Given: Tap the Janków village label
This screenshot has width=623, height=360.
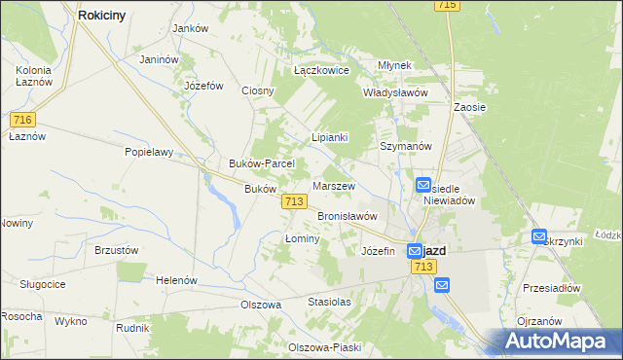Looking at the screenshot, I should (191, 28).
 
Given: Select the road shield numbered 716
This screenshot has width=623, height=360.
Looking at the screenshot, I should (24, 119).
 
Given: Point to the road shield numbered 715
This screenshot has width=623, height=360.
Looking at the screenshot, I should (448, 6).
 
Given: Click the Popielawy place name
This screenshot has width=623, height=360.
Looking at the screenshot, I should (148, 152).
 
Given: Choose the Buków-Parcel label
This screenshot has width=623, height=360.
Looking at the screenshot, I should (255, 163).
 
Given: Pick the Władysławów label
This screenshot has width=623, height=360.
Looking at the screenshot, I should (396, 92).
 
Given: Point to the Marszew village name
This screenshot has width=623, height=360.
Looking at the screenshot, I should (334, 186).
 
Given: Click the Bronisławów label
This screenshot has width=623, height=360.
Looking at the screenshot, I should (348, 216).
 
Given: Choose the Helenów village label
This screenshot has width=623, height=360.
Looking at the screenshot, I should (177, 280).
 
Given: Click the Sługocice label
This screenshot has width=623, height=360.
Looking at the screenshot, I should (43, 283).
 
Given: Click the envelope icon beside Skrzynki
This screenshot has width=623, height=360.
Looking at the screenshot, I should (539, 236).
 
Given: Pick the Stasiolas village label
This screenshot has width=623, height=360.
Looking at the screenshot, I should (329, 302).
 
